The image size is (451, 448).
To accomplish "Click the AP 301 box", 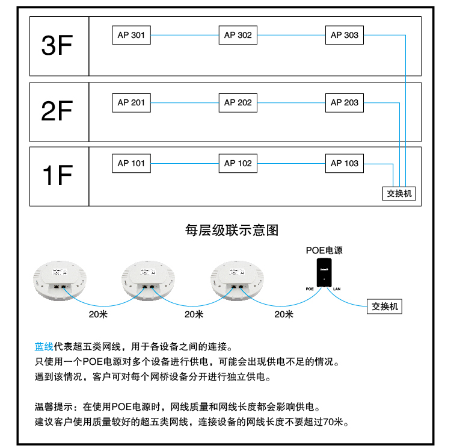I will pyautogui.click(x=131, y=35).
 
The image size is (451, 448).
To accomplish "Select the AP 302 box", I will pyautogui.click(x=238, y=35).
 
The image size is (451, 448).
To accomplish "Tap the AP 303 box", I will pyautogui.click(x=344, y=35).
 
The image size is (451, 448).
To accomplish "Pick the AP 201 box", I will pyautogui.click(x=131, y=102).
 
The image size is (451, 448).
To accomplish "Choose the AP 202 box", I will pyautogui.click(x=238, y=102).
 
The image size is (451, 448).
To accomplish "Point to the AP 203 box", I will pyautogui.click(x=344, y=102).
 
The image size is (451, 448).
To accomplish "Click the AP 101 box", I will pyautogui.click(x=131, y=163).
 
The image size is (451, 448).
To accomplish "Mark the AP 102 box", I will pyautogui.click(x=238, y=163).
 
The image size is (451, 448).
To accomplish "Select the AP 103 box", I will pyautogui.click(x=344, y=163).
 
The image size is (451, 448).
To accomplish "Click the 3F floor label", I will pyautogui.click(x=58, y=46).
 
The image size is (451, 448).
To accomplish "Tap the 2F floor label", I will pyautogui.click(x=58, y=111).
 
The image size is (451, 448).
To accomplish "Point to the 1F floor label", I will pyautogui.click(x=58, y=175).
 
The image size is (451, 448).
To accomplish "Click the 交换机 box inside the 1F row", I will pyautogui.click(x=399, y=194).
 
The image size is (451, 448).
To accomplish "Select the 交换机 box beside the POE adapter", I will pyautogui.click(x=384, y=306).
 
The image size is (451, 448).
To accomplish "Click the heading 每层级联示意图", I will pyautogui.click(x=232, y=230).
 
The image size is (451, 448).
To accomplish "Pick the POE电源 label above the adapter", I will pyautogui.click(x=324, y=250).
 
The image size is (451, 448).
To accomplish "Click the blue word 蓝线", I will pyautogui.click(x=44, y=347).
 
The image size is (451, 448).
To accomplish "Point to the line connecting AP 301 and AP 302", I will pyautogui.click(x=184, y=36).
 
